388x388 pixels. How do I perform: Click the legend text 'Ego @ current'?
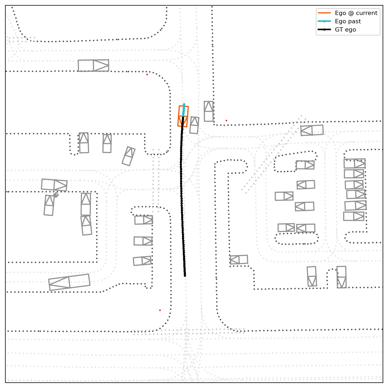[x=356, y=13]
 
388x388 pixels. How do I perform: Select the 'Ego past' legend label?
[x=348, y=21]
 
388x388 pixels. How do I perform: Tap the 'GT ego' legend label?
[x=345, y=30]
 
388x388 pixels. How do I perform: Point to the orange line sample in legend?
[x=324, y=13]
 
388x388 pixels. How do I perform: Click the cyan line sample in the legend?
[x=324, y=21]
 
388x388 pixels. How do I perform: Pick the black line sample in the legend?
[x=324, y=30]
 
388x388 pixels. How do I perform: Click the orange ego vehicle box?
[x=183, y=116]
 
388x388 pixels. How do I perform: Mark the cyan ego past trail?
[x=184, y=109]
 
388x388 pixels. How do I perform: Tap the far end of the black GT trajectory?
[x=185, y=275]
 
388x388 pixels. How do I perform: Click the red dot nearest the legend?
[x=226, y=120]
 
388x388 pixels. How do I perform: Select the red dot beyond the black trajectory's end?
[x=160, y=310]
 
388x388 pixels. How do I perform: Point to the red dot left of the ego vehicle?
[x=147, y=74]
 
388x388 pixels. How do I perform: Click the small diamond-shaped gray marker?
[x=56, y=195]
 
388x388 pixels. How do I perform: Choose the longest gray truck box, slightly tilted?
[x=69, y=282]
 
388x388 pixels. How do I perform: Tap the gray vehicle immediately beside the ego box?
[x=194, y=125]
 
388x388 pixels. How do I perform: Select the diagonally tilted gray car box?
[x=129, y=156]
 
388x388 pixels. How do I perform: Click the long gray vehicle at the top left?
[x=93, y=66]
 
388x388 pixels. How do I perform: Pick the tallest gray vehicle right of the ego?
[x=209, y=111]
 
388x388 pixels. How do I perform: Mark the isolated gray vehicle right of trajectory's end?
[x=239, y=260]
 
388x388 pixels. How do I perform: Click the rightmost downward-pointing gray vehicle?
[x=341, y=277]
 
